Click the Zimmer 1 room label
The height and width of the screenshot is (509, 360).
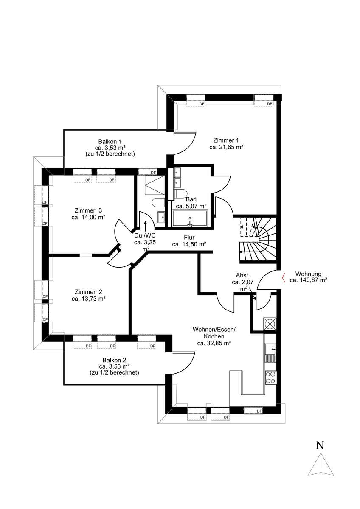[x=226, y=140]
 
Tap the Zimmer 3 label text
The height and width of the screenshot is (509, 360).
[x=88, y=210]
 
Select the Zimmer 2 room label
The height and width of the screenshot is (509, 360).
[x=88, y=292]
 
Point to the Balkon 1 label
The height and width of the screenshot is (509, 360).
[x=110, y=141]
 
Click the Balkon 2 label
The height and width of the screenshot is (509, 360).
[x=114, y=360]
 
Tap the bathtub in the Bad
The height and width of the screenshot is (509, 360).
[x=190, y=218]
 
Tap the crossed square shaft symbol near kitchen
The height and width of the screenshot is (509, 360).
[x=270, y=324]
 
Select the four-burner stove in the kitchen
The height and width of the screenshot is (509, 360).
[x=270, y=378]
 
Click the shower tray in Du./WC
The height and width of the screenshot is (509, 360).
[x=155, y=185]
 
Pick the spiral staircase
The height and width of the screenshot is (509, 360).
[x=258, y=241]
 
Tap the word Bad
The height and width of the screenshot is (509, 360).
[x=191, y=199]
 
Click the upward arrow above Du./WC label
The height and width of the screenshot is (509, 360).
[x=145, y=226]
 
